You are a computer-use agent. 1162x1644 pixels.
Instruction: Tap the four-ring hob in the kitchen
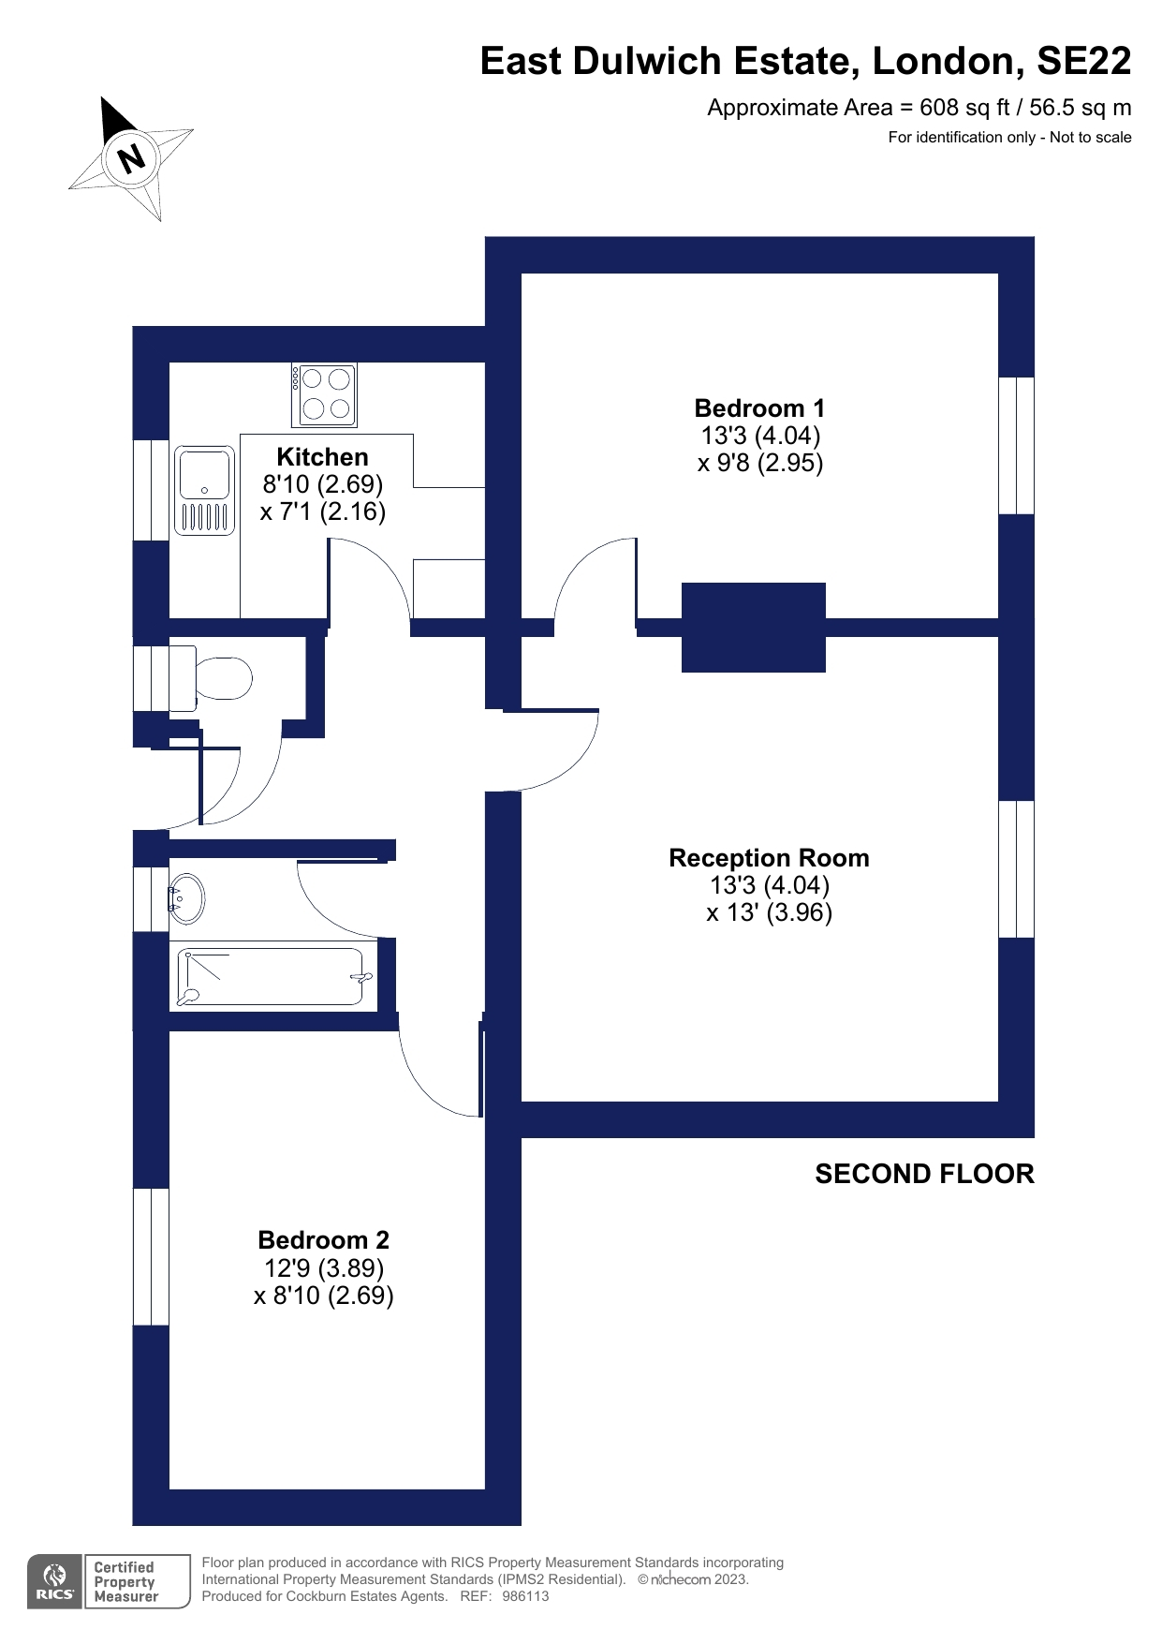tap(324, 394)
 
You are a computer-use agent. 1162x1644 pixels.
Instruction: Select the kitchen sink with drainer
tap(204, 490)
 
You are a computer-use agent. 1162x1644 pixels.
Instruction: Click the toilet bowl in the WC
tap(222, 678)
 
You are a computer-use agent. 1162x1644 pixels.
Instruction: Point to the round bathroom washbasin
tap(187, 898)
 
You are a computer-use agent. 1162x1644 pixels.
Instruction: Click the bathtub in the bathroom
tap(274, 977)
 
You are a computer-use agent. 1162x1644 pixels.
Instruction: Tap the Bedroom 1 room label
tap(759, 408)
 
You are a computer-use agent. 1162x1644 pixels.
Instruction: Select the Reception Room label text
tap(769, 858)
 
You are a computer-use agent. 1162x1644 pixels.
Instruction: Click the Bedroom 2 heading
tap(323, 1240)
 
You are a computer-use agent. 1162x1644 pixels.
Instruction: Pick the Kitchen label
tap(322, 457)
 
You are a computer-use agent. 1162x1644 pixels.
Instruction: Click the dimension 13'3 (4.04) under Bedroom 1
tap(760, 436)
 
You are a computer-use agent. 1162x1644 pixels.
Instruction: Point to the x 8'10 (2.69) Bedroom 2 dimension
tap(323, 1296)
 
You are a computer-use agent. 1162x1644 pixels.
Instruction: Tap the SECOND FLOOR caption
tap(924, 1174)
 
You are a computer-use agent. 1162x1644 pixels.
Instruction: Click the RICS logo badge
tap(55, 1581)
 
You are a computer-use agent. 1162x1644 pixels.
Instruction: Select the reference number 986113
tap(525, 1596)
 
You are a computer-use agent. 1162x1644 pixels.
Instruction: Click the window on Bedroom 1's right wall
tap(1016, 446)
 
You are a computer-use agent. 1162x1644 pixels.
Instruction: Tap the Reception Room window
tap(1016, 869)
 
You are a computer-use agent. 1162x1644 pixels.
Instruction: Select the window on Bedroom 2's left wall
tap(151, 1257)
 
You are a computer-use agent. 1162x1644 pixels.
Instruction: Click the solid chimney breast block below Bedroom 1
tap(753, 628)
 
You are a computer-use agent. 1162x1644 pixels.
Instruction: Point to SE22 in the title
tap(1083, 61)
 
